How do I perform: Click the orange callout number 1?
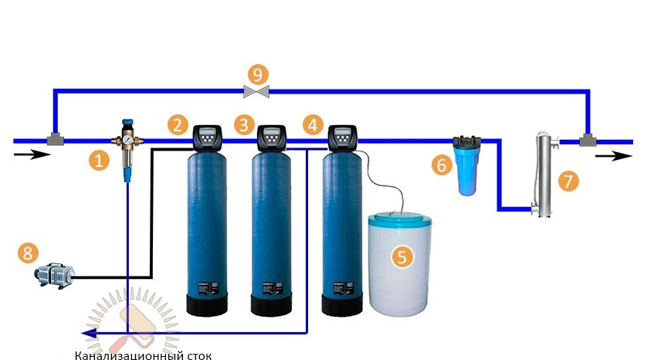[x=98, y=161]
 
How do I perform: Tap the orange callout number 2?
[x=179, y=124]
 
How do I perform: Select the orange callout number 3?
[x=245, y=124]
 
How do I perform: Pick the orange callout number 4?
[x=313, y=124]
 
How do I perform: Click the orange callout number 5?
[x=401, y=257]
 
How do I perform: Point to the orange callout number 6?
[x=442, y=164]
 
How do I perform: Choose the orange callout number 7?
[x=568, y=181]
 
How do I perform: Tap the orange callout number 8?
[x=28, y=252]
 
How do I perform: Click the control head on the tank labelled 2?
[x=208, y=138]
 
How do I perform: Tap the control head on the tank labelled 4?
[x=342, y=138]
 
